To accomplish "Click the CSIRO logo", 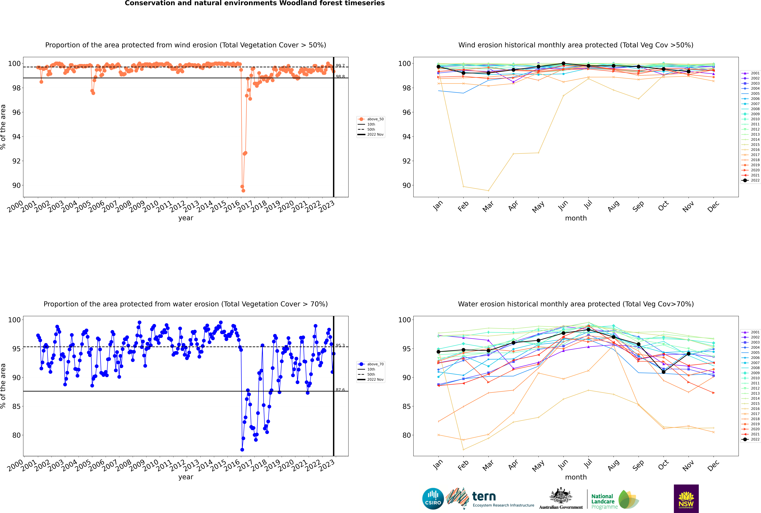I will pyautogui.click(x=433, y=499).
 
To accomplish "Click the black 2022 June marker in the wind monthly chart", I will pyautogui.click(x=563, y=63).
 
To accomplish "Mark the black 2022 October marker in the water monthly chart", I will pyautogui.click(x=663, y=372).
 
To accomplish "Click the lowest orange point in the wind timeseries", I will pyautogui.click(x=243, y=190).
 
